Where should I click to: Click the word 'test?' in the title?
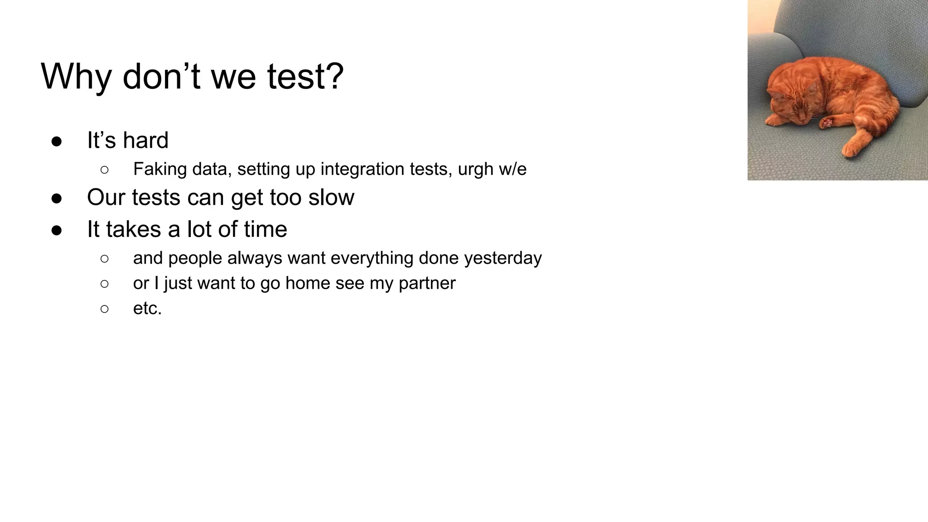click(305, 76)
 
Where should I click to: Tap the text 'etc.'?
click(147, 309)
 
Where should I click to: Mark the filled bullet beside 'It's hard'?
click(57, 141)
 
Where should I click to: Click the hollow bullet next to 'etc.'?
click(105, 309)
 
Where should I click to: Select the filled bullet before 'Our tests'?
click(57, 198)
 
